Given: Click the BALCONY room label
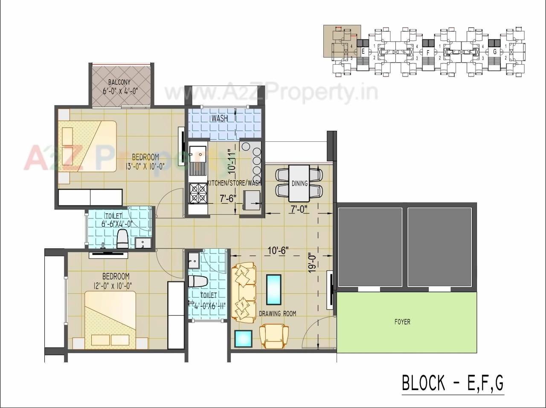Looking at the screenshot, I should [x=119, y=82].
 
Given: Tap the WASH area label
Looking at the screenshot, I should [x=220, y=118].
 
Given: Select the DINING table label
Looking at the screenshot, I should [x=299, y=184].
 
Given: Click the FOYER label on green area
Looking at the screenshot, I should [x=402, y=322].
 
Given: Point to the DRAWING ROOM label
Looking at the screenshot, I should [x=277, y=314].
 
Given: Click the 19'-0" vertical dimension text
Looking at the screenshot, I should [x=313, y=263].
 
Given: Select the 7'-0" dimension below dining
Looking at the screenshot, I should [x=299, y=209].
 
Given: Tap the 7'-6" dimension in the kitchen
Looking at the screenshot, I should [x=228, y=198].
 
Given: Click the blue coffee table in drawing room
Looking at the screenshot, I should [x=273, y=289].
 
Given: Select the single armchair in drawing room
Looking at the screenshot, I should [x=274, y=336].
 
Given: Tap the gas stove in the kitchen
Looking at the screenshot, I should [x=198, y=193].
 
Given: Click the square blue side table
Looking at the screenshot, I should [x=244, y=339].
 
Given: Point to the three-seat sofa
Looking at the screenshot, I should [x=244, y=292].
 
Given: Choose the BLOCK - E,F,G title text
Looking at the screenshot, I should [x=453, y=382].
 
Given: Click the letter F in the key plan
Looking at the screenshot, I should [x=428, y=52].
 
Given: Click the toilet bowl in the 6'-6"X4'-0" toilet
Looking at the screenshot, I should [x=122, y=239].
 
